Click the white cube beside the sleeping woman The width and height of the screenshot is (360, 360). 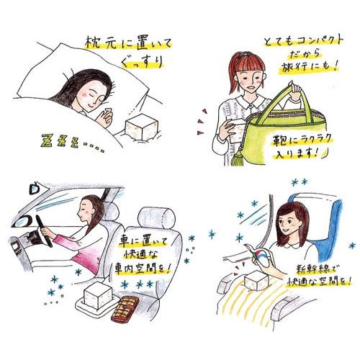pos(142,127)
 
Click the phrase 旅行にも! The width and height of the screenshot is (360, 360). pos(308,66)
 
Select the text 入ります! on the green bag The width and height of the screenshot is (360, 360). pos(297,153)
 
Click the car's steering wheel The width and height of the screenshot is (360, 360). pos(44,231)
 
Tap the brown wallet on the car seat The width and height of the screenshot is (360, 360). pos(125,309)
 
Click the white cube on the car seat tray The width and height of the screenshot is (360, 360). pos(97,296)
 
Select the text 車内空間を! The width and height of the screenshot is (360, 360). pos(143,269)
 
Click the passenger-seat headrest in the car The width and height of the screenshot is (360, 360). pos(156,218)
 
